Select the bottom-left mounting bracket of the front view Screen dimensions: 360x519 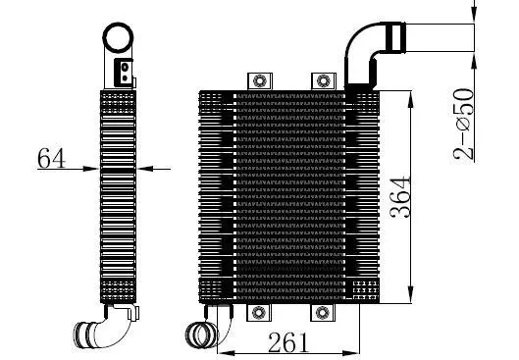[259, 312]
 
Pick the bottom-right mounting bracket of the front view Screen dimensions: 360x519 [323, 312]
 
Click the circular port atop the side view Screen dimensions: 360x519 [120, 39]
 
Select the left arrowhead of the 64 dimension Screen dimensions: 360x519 [95, 169]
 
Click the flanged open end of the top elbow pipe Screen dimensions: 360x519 [396, 40]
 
